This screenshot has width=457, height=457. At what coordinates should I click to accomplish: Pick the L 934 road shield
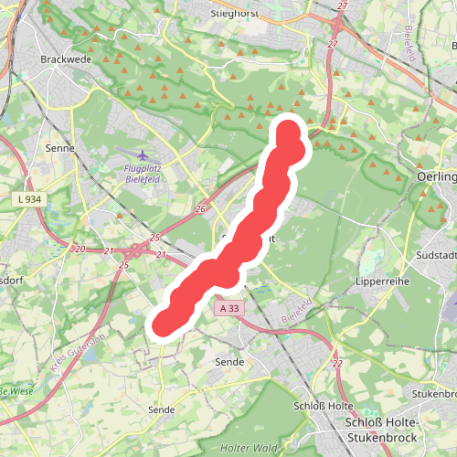tap(29, 198)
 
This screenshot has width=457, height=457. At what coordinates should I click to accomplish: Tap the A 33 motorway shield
tap(230, 309)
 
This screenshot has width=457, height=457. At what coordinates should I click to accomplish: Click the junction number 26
tap(201, 209)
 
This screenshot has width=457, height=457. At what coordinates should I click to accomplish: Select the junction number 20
tap(80, 249)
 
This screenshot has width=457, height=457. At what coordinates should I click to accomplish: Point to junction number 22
tap(337, 364)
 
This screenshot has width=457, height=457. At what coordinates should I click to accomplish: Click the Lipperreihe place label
tap(383, 282)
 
